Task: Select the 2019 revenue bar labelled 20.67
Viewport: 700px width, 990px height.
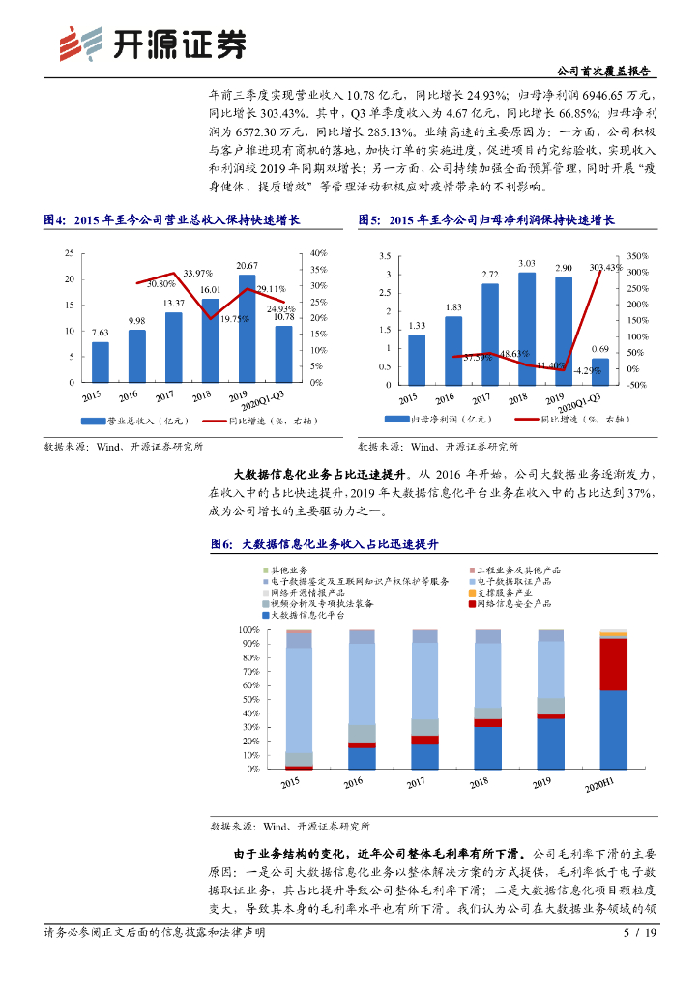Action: point(247,329)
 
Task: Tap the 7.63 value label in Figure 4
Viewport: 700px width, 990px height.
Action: point(100,333)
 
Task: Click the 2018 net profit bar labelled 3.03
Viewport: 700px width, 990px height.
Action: point(527,329)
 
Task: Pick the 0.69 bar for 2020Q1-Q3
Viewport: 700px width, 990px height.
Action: point(600,372)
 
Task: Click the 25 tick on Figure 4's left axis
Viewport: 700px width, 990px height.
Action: point(69,253)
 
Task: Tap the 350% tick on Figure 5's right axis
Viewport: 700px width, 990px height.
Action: point(637,256)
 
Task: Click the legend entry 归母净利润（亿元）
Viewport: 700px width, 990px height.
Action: point(425,421)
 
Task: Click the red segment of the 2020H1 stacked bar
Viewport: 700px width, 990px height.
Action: point(613,664)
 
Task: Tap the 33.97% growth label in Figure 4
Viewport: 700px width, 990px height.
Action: point(198,273)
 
